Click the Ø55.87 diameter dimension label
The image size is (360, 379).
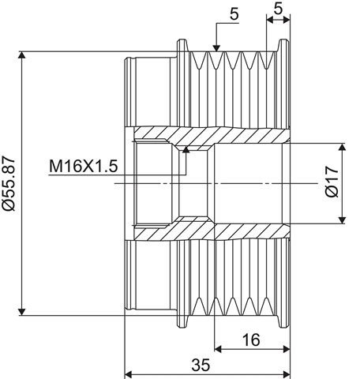click(x=9, y=183)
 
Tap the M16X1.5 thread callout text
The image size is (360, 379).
click(x=83, y=167)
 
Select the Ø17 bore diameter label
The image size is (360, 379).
click(x=332, y=182)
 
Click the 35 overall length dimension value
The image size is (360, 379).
click(x=201, y=365)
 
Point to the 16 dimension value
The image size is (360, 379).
click(x=251, y=340)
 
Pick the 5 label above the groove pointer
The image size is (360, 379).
click(x=234, y=14)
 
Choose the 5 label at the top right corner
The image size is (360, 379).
click(x=278, y=9)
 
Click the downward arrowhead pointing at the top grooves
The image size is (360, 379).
click(x=216, y=48)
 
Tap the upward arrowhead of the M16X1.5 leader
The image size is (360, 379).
click(x=186, y=150)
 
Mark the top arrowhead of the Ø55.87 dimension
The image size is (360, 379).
click(x=22, y=54)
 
